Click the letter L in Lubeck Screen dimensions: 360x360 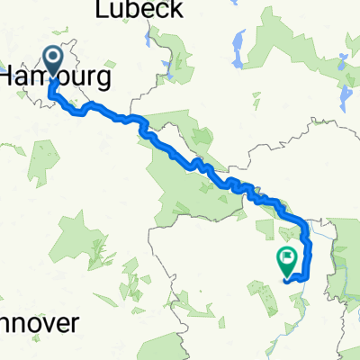click(x=100, y=10)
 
